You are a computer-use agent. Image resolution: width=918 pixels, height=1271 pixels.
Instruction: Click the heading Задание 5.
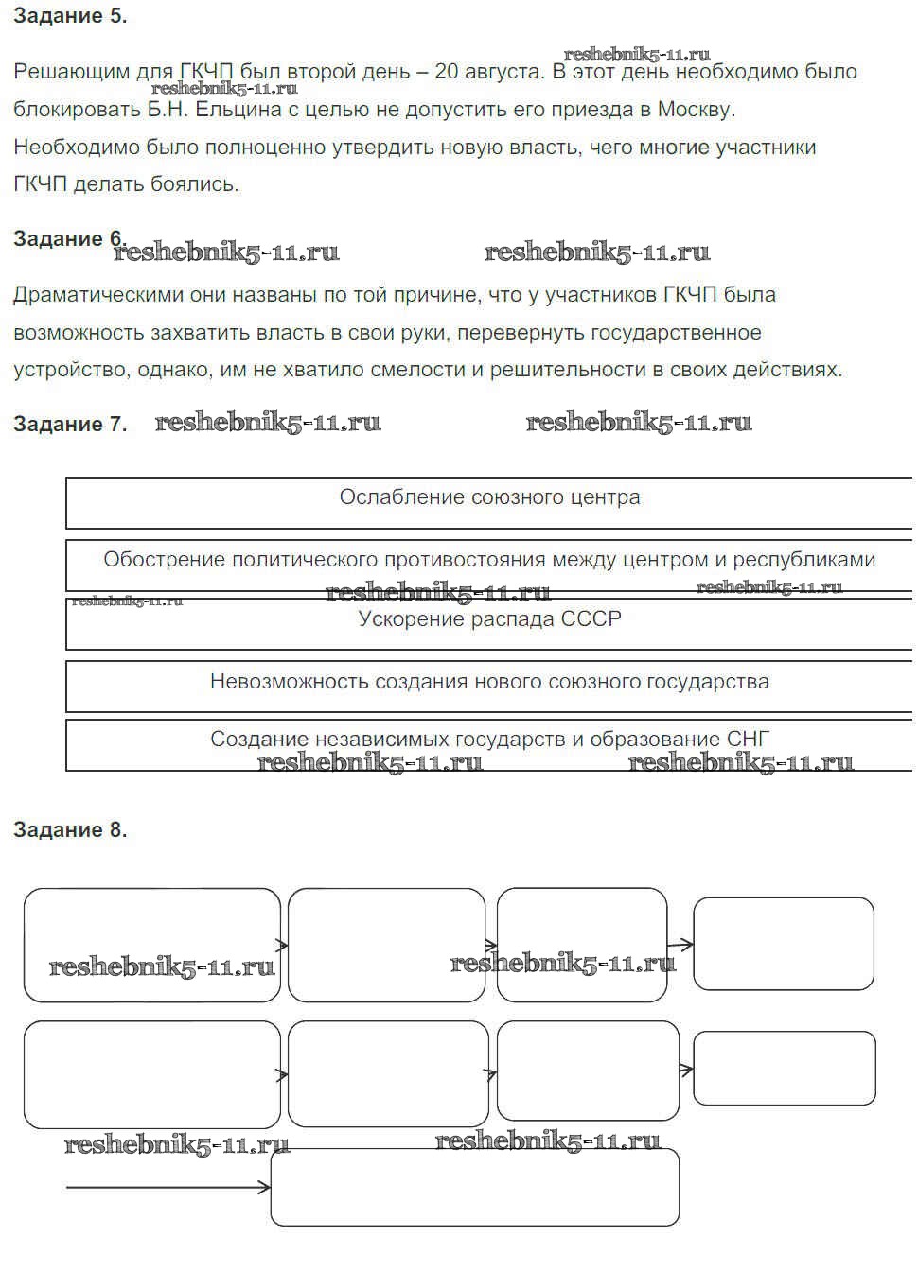coord(70,16)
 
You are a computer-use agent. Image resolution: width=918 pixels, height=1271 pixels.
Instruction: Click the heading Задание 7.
coord(70,425)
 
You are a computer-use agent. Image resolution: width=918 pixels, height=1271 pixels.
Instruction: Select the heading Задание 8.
coord(70,830)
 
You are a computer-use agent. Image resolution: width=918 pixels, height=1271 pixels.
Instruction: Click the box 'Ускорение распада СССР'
coord(489,622)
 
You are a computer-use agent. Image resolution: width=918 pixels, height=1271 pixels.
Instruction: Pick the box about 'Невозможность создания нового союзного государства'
coord(489,685)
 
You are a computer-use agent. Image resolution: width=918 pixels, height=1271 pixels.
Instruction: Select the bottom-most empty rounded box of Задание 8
coord(475,1187)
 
